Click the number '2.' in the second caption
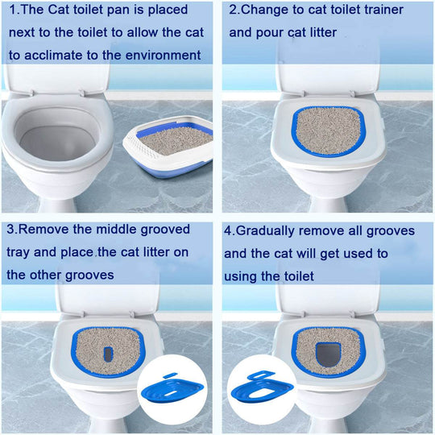pos(235,11)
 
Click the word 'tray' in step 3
pos(19,253)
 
